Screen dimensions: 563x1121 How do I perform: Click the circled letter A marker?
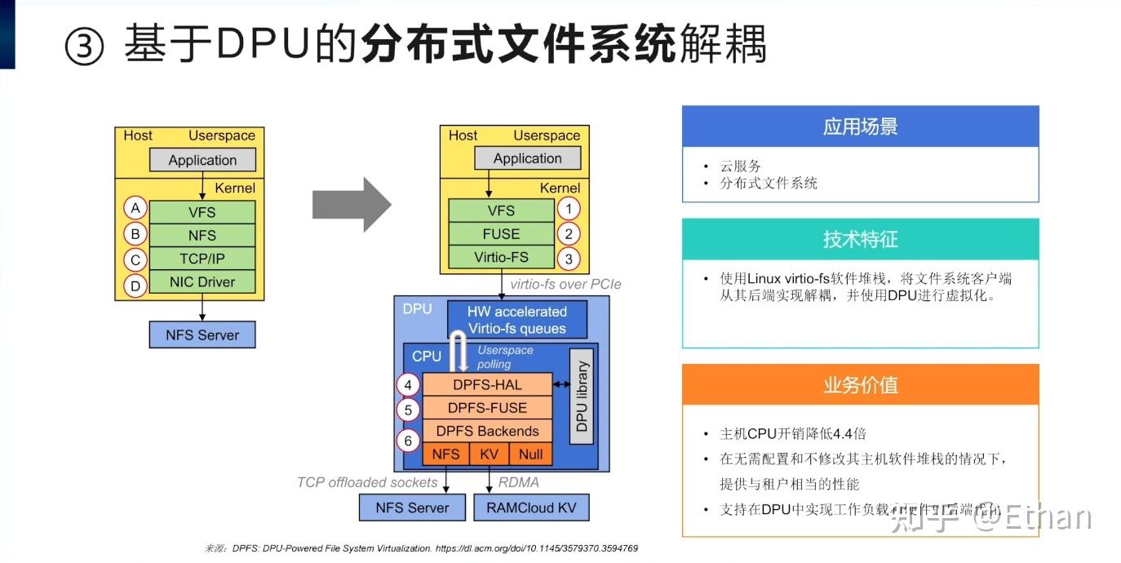click(135, 209)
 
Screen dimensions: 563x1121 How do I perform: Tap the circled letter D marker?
click(135, 286)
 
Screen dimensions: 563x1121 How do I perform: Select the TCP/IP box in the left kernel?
click(202, 259)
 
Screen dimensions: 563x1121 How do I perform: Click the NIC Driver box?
click(202, 282)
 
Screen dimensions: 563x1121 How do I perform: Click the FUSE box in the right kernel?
click(501, 234)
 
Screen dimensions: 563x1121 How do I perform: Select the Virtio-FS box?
click(501, 258)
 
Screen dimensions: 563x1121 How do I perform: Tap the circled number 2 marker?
click(569, 234)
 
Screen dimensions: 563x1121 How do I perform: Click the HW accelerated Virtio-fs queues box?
click(517, 320)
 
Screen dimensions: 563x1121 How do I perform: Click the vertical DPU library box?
click(581, 401)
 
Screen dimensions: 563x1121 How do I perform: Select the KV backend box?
click(490, 454)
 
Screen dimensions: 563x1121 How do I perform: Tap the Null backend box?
click(530, 454)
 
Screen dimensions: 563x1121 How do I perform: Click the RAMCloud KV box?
click(531, 508)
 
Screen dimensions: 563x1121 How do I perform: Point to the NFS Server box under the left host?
click(202, 335)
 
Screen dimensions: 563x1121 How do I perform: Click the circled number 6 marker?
click(408, 441)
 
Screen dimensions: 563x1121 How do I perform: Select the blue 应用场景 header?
click(860, 126)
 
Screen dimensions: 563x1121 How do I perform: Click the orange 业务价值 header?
click(860, 385)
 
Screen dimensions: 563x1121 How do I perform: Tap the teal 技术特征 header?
click(860, 239)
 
